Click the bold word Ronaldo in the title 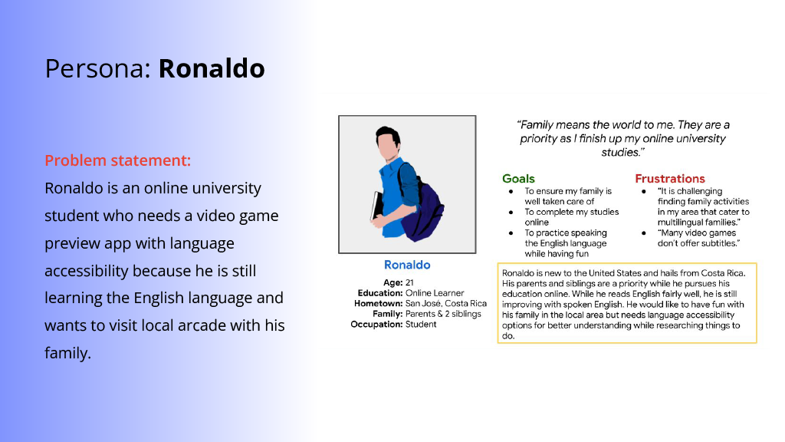212,68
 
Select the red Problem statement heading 117,160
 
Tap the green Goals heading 518,178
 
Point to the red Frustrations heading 670,178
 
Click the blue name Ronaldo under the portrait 407,265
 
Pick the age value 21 409,282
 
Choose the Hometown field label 378,304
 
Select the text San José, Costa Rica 446,304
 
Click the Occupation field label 376,325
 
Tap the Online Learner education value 435,293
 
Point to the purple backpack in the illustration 422,210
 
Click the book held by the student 376,206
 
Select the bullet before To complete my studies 511,212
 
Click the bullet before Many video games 644,233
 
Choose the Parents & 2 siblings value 443,314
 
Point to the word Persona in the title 97,68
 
